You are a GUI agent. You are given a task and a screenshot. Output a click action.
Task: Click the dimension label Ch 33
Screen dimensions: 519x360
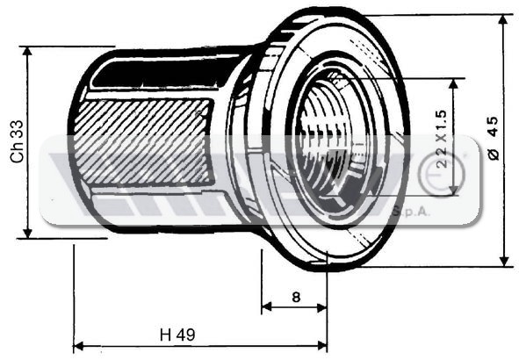[x=18, y=141]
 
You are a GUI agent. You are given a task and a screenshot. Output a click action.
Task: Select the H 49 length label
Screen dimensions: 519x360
[x=177, y=335]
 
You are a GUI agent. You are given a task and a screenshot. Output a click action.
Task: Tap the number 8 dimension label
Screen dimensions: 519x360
[x=296, y=297]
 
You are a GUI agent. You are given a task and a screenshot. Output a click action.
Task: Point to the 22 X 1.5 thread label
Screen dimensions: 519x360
[x=442, y=140]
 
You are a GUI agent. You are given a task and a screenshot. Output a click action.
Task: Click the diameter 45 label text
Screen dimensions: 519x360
[x=494, y=138]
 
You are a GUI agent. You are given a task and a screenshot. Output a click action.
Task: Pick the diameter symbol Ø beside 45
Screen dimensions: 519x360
[x=494, y=155]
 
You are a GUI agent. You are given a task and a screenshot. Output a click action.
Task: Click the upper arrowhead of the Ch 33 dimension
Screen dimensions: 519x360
[x=28, y=52]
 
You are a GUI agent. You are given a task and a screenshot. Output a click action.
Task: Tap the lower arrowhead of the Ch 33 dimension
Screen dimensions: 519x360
[x=28, y=233]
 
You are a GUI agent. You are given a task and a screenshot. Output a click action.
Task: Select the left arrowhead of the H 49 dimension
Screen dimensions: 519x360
[x=78, y=347]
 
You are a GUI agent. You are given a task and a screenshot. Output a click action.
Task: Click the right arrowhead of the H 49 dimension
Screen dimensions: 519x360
[x=322, y=346]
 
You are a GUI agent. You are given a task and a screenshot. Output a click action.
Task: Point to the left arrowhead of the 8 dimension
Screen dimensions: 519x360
[x=266, y=307]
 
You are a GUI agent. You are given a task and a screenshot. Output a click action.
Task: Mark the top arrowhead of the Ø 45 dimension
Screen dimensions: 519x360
[x=503, y=20]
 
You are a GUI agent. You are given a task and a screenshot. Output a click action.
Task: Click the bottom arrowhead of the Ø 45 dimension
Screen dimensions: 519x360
[x=504, y=261]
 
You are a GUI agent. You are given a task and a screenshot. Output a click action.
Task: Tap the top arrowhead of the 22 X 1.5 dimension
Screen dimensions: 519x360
[x=454, y=83]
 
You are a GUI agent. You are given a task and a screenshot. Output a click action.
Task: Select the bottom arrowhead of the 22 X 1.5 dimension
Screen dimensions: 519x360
[x=454, y=190]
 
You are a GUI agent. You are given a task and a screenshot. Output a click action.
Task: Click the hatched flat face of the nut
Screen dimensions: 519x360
[x=143, y=141]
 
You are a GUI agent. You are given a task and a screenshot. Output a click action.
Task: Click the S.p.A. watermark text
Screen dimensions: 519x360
[x=410, y=212]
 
